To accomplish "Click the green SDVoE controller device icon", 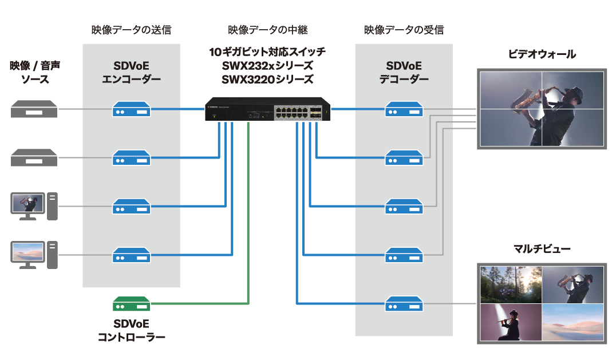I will point(131,303).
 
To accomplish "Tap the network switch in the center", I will point(268,109).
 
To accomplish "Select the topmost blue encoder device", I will point(131,109).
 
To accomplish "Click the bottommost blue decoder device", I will point(403,303).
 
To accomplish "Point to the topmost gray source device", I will point(34,109).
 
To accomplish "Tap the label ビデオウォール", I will point(542,54).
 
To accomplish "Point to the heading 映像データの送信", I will point(131,30).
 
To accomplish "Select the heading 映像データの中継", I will point(267,30).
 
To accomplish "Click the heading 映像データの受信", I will point(404,30).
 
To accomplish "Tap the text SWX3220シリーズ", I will point(267,79).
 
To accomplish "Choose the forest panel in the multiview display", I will point(511,284).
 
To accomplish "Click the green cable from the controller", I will point(248,229).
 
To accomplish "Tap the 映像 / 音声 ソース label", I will point(34,72).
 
